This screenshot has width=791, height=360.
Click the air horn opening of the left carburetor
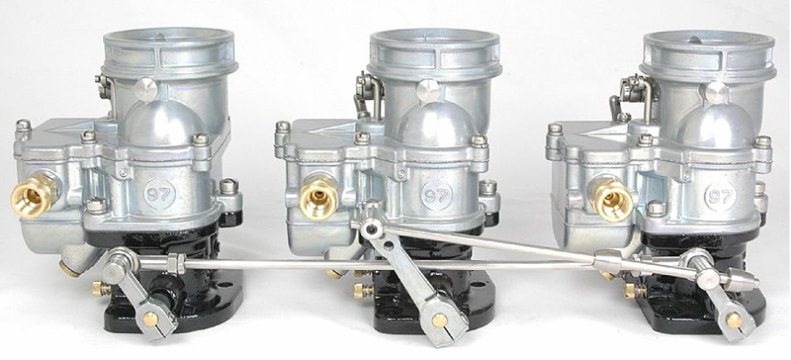(168, 42)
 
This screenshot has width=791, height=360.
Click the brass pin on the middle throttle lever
(437, 320)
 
